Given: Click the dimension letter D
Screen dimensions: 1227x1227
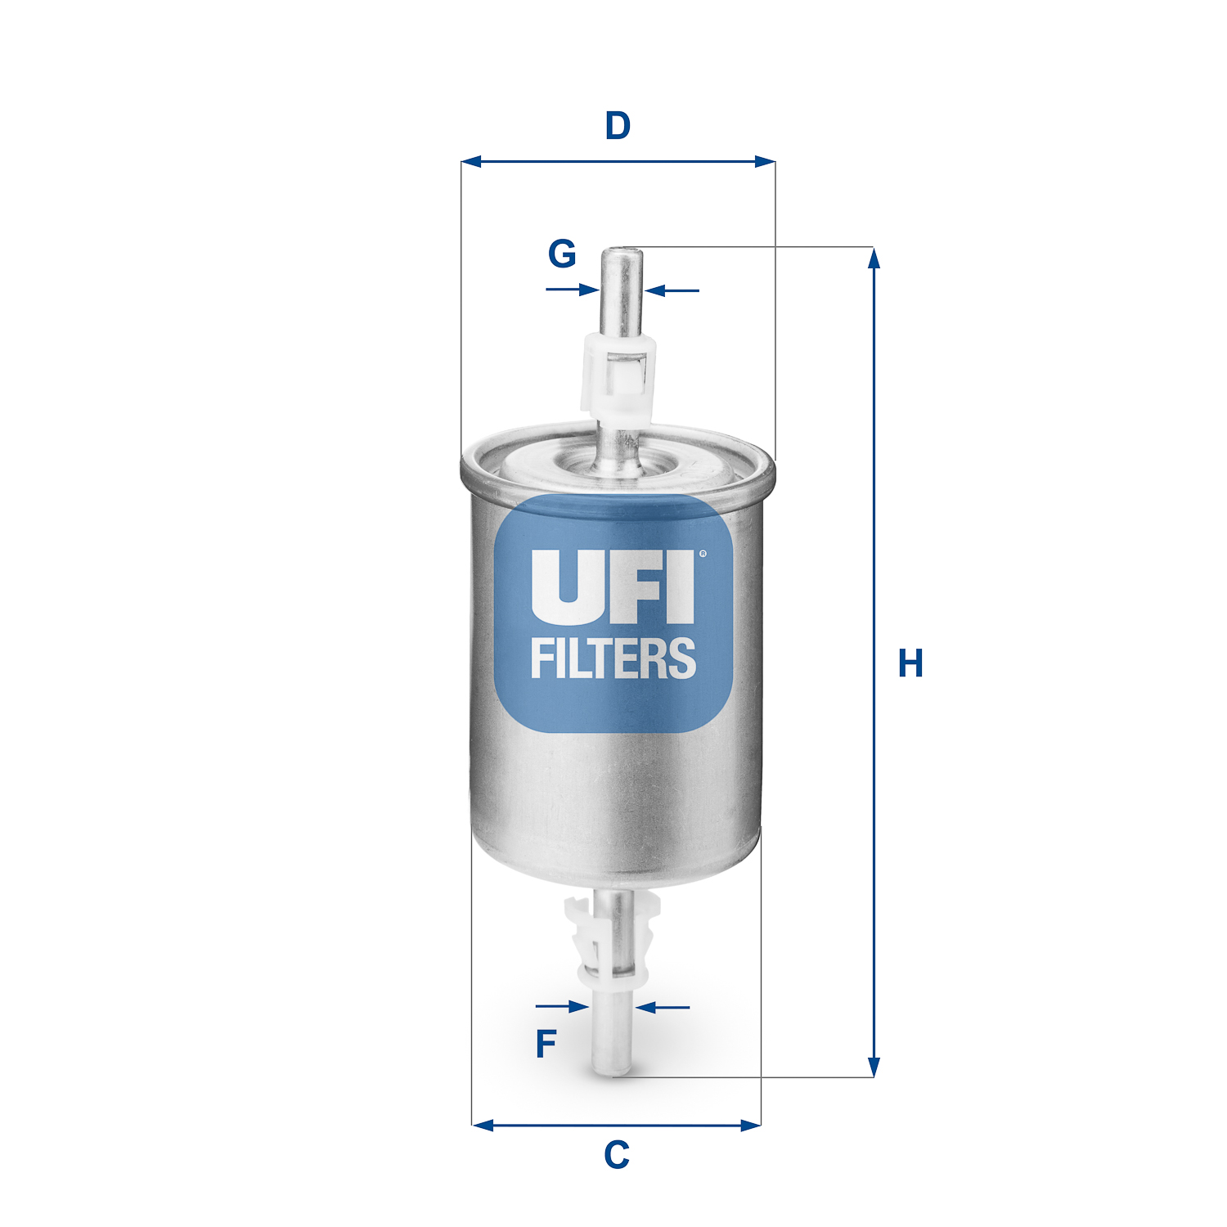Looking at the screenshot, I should (x=618, y=127).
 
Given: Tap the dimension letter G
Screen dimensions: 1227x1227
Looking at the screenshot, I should (x=562, y=254).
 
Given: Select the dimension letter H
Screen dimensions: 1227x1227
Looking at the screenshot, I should (x=910, y=663).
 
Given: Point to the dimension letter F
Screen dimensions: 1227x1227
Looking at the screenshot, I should (x=546, y=1044).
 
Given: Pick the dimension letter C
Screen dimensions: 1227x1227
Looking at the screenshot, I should (x=617, y=1155).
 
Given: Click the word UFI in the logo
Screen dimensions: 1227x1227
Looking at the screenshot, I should (x=612, y=586).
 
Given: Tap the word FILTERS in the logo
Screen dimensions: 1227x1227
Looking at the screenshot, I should (x=613, y=659).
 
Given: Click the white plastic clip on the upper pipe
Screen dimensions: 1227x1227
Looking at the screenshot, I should (x=618, y=375).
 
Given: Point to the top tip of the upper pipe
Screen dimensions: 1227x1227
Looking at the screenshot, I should (x=622, y=252).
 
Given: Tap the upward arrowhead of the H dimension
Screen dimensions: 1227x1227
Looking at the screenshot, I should (x=874, y=257).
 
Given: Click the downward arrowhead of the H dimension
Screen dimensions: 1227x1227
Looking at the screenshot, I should (x=874, y=1067).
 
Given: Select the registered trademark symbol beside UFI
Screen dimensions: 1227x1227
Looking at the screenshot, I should (x=703, y=554).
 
